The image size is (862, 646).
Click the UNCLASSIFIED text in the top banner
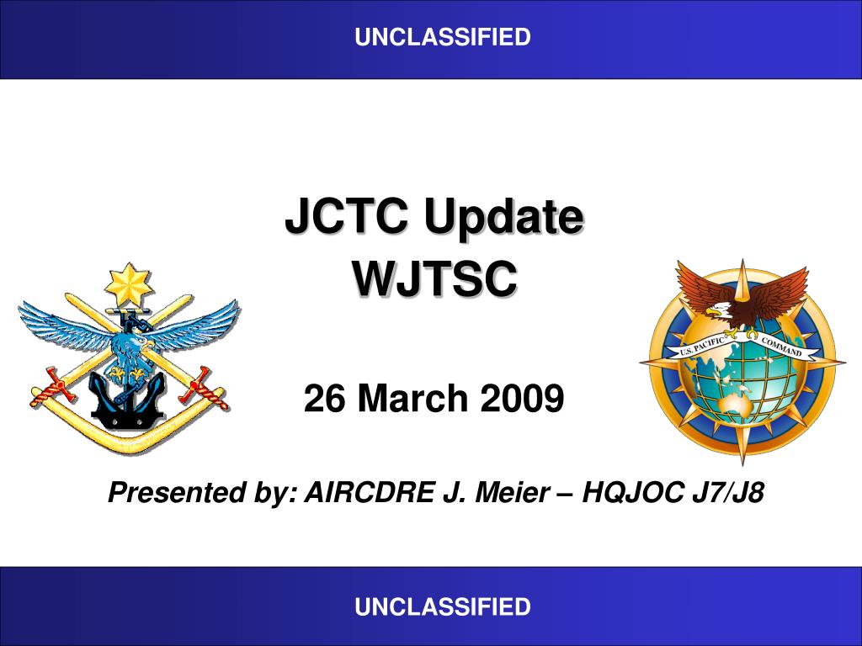coord(443,37)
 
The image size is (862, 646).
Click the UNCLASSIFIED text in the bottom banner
coord(443,606)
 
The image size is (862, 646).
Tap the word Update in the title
coord(503,217)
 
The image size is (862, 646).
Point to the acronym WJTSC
coord(434,278)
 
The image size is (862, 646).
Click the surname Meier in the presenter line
coord(512,491)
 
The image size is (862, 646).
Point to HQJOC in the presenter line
coord(633,491)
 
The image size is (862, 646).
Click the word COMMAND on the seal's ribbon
coord(782,347)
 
